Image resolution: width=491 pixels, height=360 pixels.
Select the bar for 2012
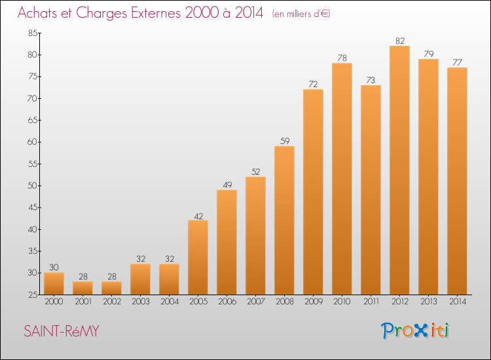pos(399,170)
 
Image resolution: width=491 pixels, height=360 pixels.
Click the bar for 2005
pos(198,257)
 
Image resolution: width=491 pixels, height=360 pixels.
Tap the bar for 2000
pos(54,283)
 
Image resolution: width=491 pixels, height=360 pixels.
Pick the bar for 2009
pos(313,192)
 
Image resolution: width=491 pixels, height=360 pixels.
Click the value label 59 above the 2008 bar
pos(285,141)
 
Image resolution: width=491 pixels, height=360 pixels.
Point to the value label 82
pos(400,41)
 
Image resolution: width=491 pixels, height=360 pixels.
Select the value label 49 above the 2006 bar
pos(227,185)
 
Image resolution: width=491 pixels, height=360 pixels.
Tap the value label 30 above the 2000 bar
pos(54,267)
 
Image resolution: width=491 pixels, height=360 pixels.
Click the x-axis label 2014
pos(458,302)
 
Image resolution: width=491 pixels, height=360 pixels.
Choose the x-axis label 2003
pos(141,302)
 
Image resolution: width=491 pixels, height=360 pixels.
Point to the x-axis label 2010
pos(342,302)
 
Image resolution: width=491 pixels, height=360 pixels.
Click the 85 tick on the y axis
pos(33,33)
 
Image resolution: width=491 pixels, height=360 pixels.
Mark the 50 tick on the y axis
pos(33,186)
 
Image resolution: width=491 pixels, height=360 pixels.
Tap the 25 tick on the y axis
pos(33,295)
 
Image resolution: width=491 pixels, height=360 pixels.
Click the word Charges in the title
pos(101,14)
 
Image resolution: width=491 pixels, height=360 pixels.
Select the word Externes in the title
pos(156,12)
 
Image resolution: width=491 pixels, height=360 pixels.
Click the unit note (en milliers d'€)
pos(301,14)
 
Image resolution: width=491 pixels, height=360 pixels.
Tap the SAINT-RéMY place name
pos(62,331)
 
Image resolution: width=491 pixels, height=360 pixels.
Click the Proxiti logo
pos(415,331)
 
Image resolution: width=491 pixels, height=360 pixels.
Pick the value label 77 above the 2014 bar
pos(457,62)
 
